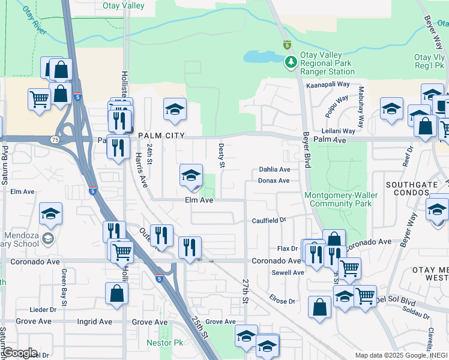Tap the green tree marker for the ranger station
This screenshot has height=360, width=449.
291,61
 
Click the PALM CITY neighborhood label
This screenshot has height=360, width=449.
160,136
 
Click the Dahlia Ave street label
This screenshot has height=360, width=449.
274,170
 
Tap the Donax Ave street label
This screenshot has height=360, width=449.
274,181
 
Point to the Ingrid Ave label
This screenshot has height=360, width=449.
95,322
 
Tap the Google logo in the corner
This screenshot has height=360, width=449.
19,353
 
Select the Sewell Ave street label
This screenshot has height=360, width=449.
289,272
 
